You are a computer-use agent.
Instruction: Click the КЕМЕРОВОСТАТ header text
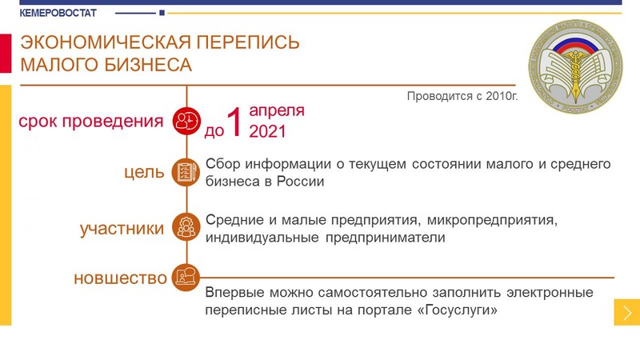(x=58, y=13)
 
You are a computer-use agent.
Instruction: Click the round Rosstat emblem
(x=575, y=66)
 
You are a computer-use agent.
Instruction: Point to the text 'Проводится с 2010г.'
(x=462, y=96)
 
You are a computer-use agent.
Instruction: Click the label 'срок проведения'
(x=91, y=122)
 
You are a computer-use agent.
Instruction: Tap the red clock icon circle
(x=186, y=122)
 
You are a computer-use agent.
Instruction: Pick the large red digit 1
(x=234, y=122)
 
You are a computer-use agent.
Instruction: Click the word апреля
(x=277, y=110)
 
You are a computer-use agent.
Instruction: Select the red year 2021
(x=268, y=131)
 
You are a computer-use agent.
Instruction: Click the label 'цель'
(x=144, y=172)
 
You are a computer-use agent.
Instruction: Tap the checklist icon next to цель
(x=186, y=172)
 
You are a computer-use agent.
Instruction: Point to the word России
(x=301, y=182)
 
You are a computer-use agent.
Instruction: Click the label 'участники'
(x=122, y=229)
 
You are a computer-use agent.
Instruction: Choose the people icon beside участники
(x=186, y=227)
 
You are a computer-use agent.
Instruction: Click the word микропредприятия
(x=492, y=221)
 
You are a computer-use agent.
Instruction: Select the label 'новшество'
(x=121, y=278)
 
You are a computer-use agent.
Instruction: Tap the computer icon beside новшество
(x=186, y=278)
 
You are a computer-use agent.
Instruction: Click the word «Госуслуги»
(x=458, y=310)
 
